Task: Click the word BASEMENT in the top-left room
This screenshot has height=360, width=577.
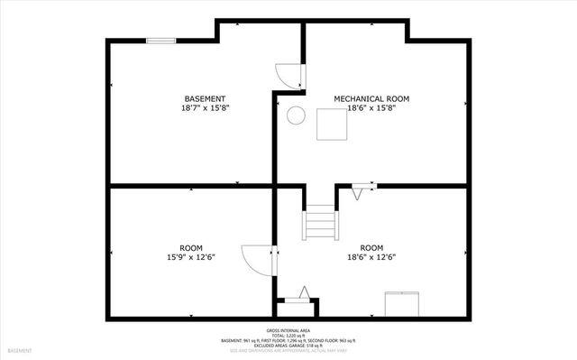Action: (205, 98)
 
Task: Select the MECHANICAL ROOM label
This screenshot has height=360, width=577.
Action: (371, 98)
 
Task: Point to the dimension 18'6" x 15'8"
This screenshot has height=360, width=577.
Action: (371, 107)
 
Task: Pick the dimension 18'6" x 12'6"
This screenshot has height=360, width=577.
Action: (371, 256)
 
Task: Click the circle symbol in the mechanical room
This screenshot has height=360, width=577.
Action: (294, 115)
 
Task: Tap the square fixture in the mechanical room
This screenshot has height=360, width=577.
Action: (331, 124)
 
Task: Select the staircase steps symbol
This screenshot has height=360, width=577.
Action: (319, 221)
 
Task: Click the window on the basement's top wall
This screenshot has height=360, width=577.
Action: (161, 39)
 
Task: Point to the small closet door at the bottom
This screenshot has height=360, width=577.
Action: (301, 294)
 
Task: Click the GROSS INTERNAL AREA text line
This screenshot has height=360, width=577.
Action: (288, 330)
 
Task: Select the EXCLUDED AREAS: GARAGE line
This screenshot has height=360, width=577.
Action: (288, 345)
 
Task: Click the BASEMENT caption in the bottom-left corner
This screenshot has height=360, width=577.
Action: (19, 349)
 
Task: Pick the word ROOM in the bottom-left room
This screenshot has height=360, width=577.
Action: (190, 247)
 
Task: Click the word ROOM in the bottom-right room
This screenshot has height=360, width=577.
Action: (371, 247)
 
